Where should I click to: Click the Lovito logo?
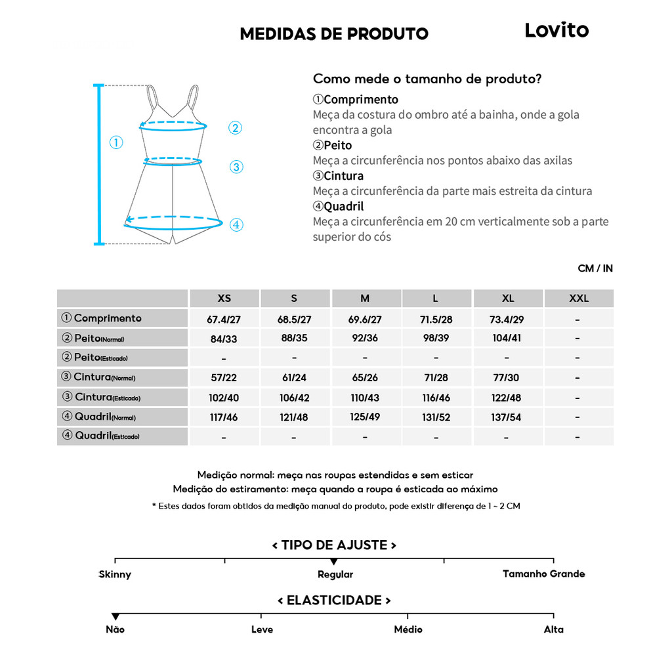point(556,30)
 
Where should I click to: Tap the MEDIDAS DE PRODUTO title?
point(334,33)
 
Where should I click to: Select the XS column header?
point(224,298)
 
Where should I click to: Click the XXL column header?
point(579,298)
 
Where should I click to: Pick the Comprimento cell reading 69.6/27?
point(365,320)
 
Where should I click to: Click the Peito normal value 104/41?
point(508,339)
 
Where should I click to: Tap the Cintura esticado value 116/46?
point(436,398)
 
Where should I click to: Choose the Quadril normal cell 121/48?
point(294,417)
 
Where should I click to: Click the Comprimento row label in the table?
point(108,318)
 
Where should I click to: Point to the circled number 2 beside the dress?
point(236,128)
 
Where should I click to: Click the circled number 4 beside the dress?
point(236,225)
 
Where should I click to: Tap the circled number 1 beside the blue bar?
point(116,142)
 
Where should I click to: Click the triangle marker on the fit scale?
point(334,562)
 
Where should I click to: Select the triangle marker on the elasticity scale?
point(115,616)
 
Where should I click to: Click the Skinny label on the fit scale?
point(115,574)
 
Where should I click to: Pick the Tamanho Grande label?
point(543,574)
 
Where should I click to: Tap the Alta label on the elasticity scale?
point(553,629)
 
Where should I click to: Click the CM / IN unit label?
point(595,268)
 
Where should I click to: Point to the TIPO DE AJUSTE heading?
point(334,545)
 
